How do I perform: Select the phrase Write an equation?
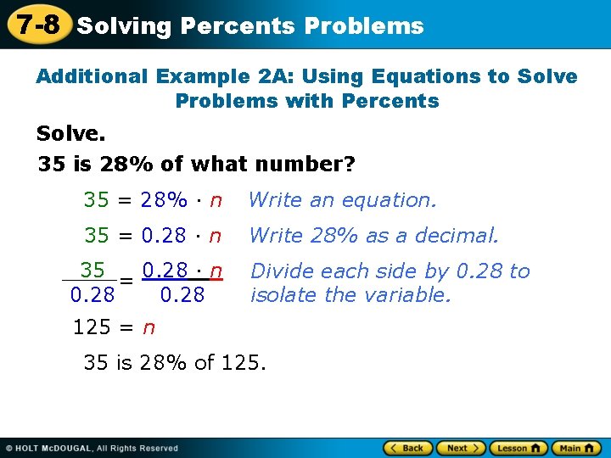pos(342,200)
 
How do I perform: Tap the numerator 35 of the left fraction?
pos(92,270)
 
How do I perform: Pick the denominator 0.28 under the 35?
pos(92,295)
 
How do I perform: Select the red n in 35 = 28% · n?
pos(216,201)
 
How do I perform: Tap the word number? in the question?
pos(308,164)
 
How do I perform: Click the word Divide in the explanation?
pos(280,271)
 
